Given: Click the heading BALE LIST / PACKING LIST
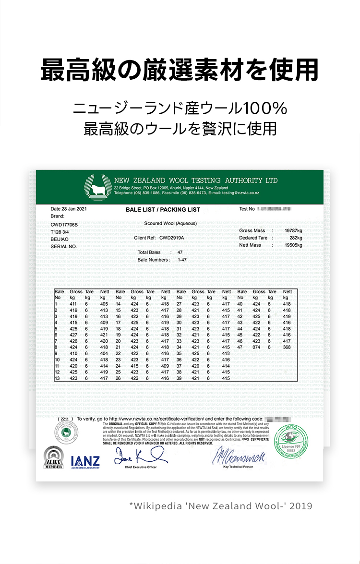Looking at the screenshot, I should pos(163,210).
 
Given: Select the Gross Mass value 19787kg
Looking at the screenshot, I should pos(293,231).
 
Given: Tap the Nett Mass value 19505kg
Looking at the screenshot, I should pos(293,245).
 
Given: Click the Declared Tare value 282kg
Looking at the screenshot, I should pos(296,238).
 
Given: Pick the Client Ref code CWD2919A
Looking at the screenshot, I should pos(172,238).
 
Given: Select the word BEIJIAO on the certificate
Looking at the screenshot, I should pos(60,239).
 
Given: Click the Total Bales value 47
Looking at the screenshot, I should pos(180,252).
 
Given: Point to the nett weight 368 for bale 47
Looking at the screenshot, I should pos(287,347).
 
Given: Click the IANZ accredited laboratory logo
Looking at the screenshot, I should pos(85,462).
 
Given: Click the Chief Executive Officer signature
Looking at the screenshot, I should pos(141,456).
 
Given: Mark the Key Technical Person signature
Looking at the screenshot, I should pos(238,457).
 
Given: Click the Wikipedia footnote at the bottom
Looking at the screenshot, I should pos(221,505).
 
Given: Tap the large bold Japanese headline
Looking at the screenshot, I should pos(180,70).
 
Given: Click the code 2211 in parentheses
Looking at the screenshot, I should pos(65,419).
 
